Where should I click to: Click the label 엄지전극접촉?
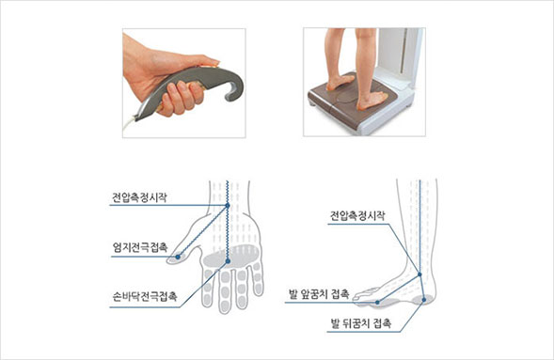[140, 247]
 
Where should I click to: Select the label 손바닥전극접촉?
[145, 296]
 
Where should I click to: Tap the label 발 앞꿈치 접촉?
[319, 293]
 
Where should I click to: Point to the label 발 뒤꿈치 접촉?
[361, 323]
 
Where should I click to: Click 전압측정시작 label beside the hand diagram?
[139, 197]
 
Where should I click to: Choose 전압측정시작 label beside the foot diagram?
[357, 215]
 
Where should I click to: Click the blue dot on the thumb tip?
[178, 257]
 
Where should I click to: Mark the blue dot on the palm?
[228, 261]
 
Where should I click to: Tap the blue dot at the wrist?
[228, 205]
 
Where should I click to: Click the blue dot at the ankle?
[419, 274]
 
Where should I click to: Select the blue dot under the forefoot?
[378, 302]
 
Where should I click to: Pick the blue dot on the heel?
[424, 300]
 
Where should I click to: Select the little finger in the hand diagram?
[259, 279]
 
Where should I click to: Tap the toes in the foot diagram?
[364, 295]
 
